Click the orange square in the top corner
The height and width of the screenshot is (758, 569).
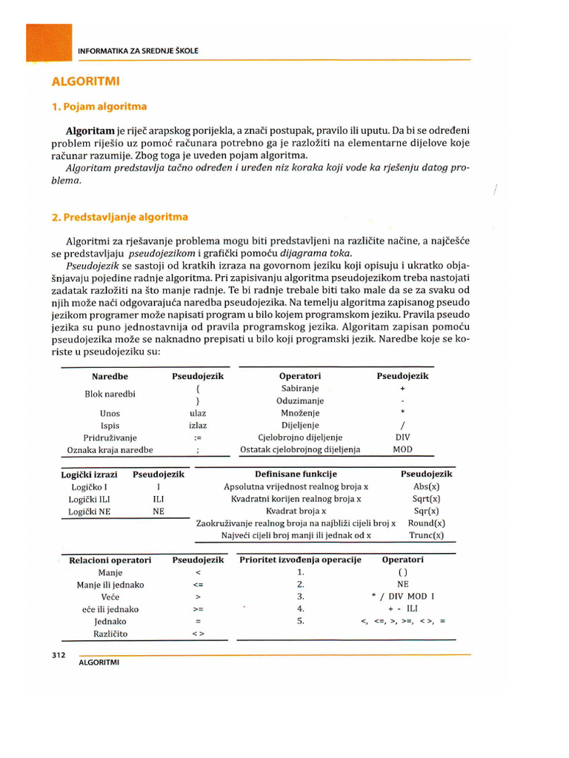point(49,42)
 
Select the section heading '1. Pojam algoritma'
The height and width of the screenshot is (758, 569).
point(99,107)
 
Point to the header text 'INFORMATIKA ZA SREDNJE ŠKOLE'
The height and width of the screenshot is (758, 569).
point(138,50)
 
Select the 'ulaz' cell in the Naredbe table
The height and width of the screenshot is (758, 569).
point(198,413)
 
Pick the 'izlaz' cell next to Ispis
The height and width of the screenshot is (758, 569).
point(198,426)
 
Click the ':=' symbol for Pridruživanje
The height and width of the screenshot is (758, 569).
point(198,437)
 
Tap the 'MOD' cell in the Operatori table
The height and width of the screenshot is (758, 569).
point(402,449)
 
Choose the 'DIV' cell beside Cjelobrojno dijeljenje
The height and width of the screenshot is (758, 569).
point(402,437)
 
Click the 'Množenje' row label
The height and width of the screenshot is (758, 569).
point(300,413)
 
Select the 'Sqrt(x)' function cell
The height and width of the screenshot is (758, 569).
point(426,499)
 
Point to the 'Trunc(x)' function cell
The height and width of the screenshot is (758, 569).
point(426,535)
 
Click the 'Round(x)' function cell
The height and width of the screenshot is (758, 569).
point(426,523)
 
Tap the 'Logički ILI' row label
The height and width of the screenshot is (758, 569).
point(90,499)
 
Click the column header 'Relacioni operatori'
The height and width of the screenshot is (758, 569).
point(110,560)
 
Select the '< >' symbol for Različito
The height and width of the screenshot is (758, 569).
point(198,634)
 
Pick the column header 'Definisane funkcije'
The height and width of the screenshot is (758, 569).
point(296,474)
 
